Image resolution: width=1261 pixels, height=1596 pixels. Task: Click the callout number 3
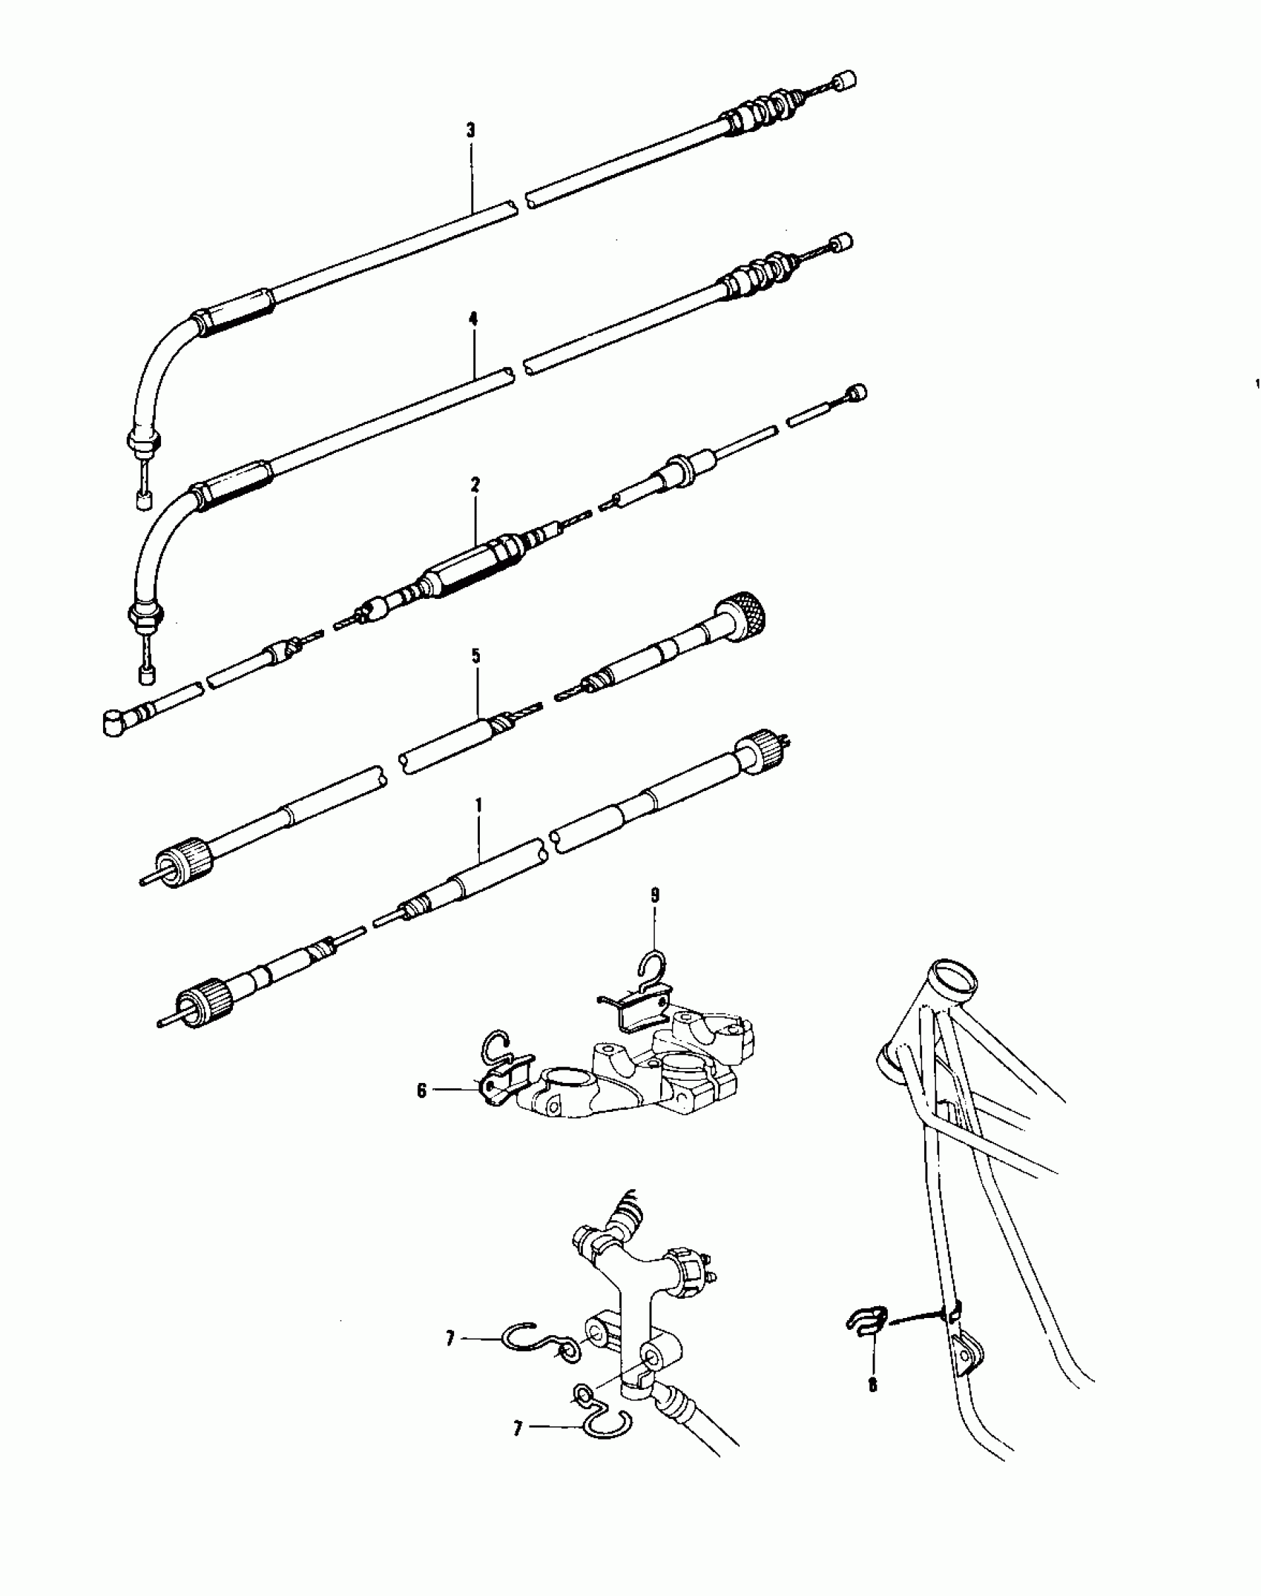[x=470, y=131]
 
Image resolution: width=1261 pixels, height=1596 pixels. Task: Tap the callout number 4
[x=473, y=319]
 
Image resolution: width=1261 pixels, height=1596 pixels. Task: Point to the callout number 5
[x=475, y=656]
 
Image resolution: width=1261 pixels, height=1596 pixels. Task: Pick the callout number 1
[x=478, y=804]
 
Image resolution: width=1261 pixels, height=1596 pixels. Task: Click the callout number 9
[x=655, y=895]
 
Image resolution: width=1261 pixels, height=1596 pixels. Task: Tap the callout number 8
[x=873, y=1385]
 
